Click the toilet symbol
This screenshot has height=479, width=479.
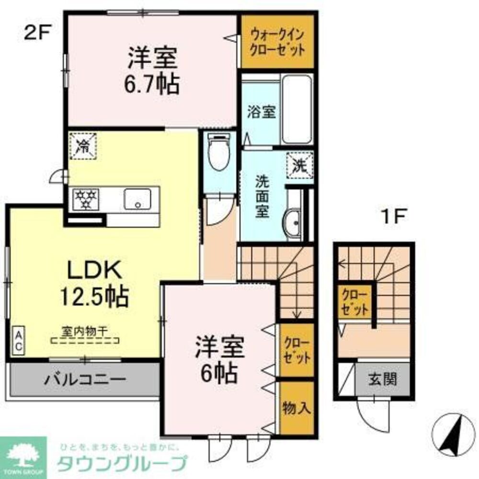click(x=219, y=152)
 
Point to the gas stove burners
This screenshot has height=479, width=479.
click(x=86, y=198)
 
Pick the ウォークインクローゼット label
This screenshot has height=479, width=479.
click(x=277, y=42)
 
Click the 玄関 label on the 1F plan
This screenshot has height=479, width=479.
click(x=382, y=380)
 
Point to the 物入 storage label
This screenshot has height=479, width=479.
click(x=297, y=408)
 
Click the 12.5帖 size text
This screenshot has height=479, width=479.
click(x=94, y=297)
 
